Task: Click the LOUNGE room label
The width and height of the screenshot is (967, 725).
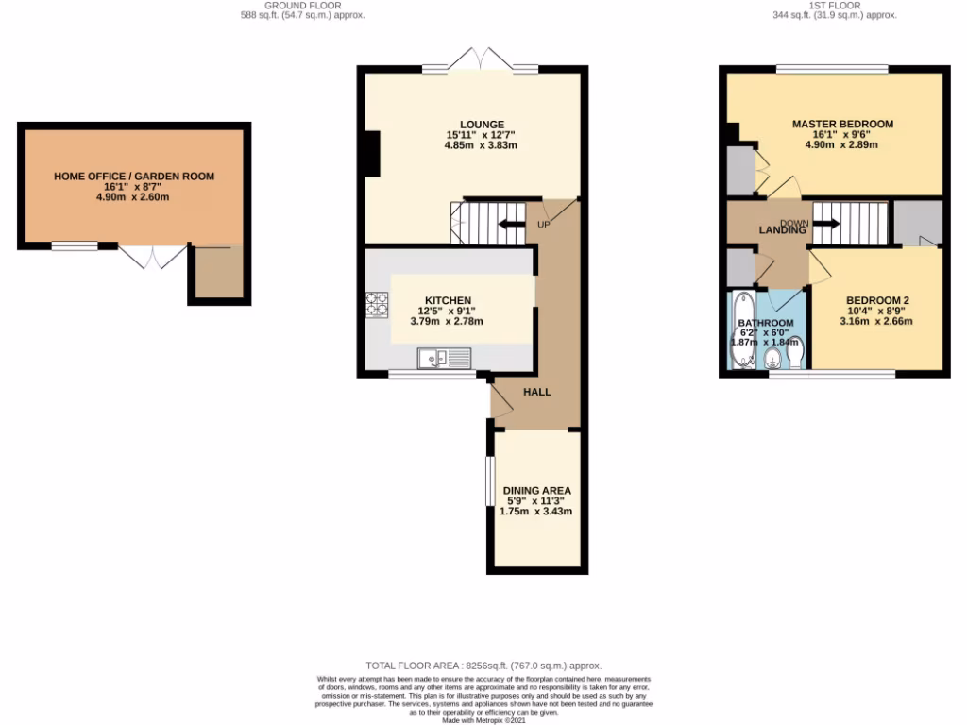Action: (x=482, y=125)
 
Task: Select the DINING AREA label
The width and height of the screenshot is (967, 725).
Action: (x=536, y=491)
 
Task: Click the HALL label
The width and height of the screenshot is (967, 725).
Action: (x=536, y=392)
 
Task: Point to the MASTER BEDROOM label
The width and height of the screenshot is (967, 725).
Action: (x=842, y=124)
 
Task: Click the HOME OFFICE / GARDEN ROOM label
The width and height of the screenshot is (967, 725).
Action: (x=134, y=176)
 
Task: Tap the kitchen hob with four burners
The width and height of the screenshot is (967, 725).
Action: (x=377, y=304)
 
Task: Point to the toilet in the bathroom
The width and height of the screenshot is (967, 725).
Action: (x=794, y=356)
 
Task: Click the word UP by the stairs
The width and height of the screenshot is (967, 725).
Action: (x=543, y=226)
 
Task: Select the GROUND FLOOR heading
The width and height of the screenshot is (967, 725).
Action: (x=302, y=5)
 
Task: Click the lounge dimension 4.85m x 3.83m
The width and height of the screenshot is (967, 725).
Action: (x=482, y=146)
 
